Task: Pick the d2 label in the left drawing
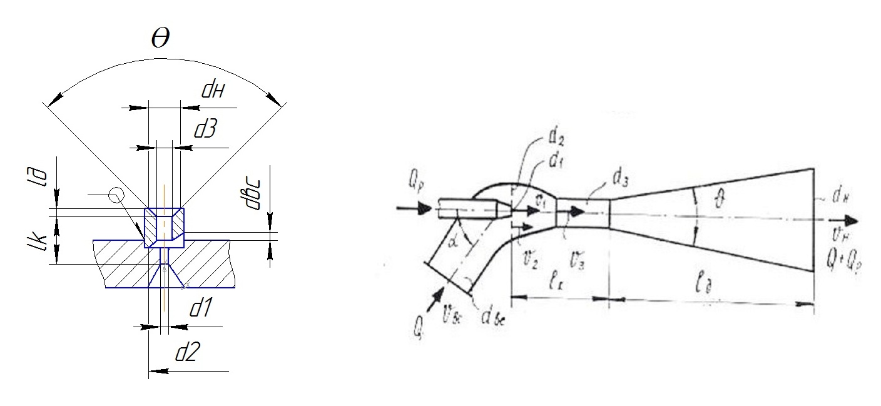tap(187, 353)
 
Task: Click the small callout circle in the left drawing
tap(115, 196)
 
